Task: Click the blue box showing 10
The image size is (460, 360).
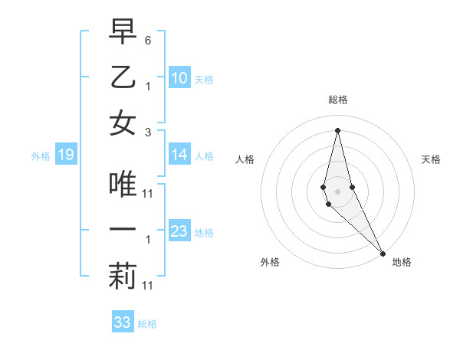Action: [x=179, y=78]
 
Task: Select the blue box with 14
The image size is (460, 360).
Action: [x=179, y=155]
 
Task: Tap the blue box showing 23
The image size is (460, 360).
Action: [x=179, y=232]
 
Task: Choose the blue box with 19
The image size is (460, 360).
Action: [x=65, y=155]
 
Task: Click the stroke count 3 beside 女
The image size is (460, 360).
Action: [x=148, y=132]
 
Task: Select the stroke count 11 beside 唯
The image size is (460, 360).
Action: [x=148, y=193]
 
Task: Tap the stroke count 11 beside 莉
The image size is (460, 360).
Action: [x=148, y=286]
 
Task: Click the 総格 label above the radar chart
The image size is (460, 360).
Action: [x=338, y=100]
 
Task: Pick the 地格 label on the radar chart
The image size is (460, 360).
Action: [x=402, y=262]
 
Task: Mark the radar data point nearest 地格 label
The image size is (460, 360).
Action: [x=383, y=253]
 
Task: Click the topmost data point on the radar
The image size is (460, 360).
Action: [x=337, y=129]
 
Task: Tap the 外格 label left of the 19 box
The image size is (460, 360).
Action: [x=41, y=156]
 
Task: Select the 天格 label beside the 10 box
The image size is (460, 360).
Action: [x=204, y=79]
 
